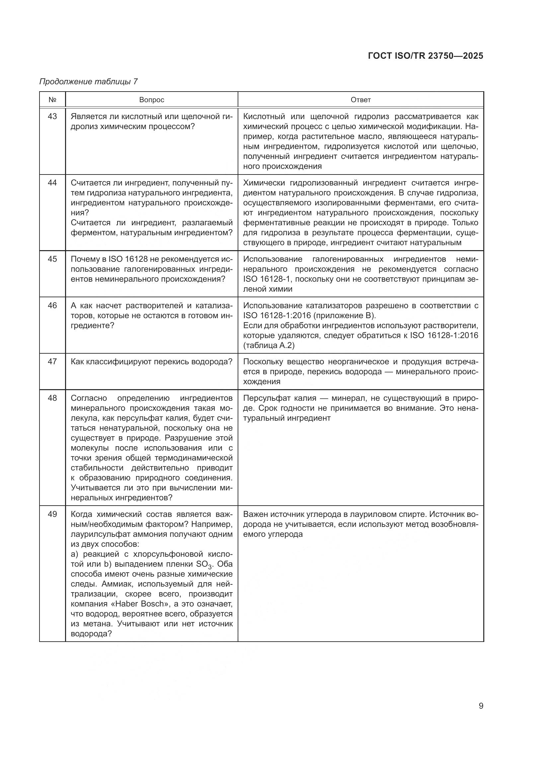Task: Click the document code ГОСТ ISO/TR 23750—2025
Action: (x=425, y=56)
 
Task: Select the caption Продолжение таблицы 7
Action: (x=89, y=82)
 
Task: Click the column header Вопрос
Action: (x=151, y=100)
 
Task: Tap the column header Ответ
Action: (x=361, y=100)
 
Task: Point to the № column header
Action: (x=52, y=100)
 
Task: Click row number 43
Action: (x=52, y=116)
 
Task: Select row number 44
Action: (x=52, y=183)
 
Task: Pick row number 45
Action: (x=52, y=259)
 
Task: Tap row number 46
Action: (x=52, y=306)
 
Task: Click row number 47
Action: (x=52, y=362)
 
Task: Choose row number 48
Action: (x=52, y=398)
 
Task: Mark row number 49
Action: (x=52, y=515)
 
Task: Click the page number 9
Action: (x=481, y=706)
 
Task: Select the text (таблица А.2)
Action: (x=269, y=345)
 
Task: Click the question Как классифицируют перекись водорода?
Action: (x=151, y=362)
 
